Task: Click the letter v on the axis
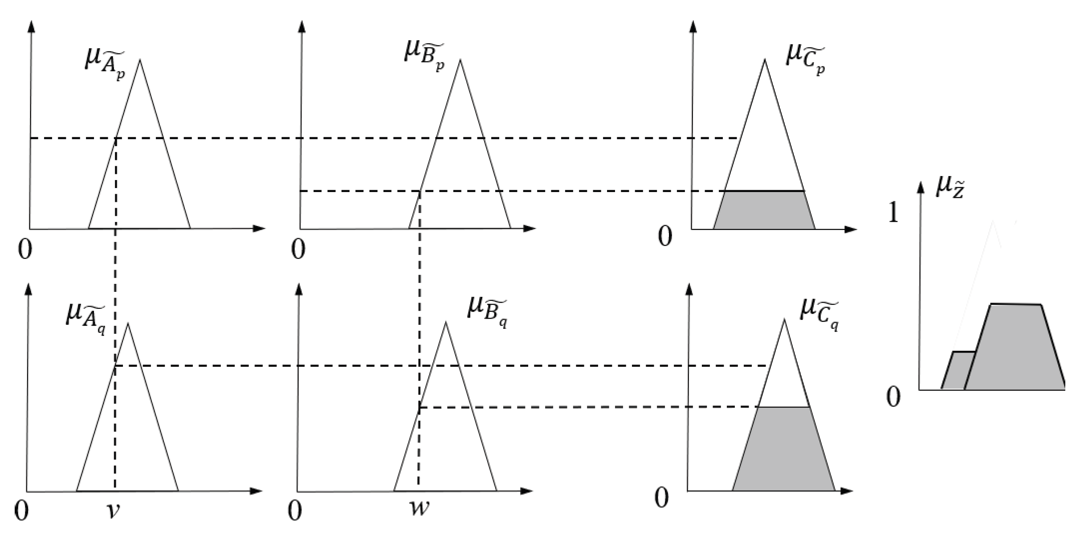(x=114, y=512)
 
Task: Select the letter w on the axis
(x=419, y=508)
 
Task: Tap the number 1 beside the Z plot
(x=893, y=213)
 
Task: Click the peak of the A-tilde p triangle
(x=140, y=60)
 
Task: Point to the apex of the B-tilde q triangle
(x=445, y=323)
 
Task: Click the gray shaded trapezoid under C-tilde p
(x=764, y=210)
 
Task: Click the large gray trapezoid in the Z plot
(x=1015, y=348)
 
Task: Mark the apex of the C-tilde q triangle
(x=784, y=320)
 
